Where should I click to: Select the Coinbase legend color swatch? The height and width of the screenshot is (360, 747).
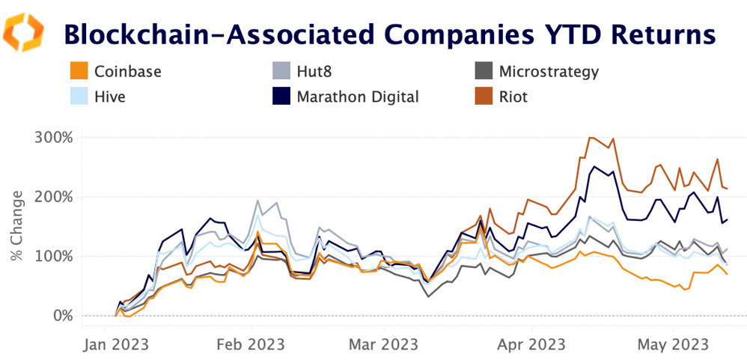click(76, 72)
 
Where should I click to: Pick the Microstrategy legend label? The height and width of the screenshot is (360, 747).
click(548, 72)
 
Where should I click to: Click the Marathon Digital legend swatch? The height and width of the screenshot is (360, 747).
click(279, 97)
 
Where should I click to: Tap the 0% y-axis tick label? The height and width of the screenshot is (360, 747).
click(62, 316)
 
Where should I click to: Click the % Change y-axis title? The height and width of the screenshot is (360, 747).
click(16, 226)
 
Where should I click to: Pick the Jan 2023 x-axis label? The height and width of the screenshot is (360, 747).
click(116, 344)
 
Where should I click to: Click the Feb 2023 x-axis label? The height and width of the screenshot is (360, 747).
click(251, 344)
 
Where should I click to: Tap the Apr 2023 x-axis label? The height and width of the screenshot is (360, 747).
click(531, 344)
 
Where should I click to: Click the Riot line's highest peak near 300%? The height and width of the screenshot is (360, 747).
click(591, 138)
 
